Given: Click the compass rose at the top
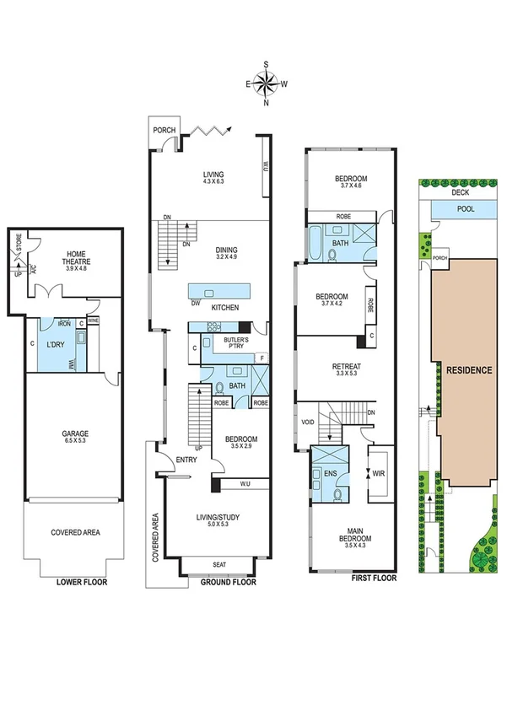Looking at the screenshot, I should pyautogui.click(x=267, y=83).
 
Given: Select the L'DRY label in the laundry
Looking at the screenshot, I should pyautogui.click(x=56, y=345).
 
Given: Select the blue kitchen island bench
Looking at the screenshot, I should pyautogui.click(x=217, y=288).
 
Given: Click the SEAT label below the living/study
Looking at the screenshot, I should pyautogui.click(x=218, y=565).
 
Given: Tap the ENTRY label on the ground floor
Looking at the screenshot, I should pyautogui.click(x=186, y=460).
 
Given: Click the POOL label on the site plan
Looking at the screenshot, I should pyautogui.click(x=466, y=208).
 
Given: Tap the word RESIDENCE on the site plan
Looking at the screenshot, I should pyautogui.click(x=469, y=369).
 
